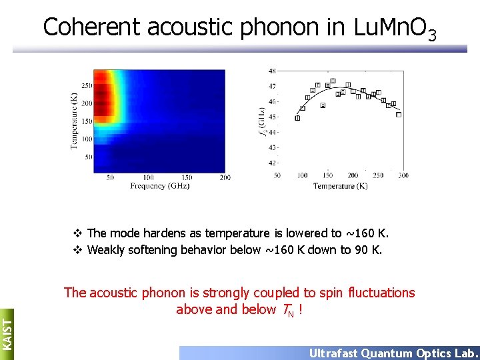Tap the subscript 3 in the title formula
[432, 34]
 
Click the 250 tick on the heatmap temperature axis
[87, 86]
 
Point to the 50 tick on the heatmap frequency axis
[110, 177]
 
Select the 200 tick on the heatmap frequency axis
[225, 177]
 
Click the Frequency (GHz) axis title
[160, 186]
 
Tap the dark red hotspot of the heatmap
[103, 97]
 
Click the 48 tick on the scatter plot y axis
[272, 71]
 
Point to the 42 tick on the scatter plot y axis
[272, 163]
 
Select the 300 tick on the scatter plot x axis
[403, 175]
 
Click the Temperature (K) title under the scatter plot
[340, 186]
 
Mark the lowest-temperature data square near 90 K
[297, 118]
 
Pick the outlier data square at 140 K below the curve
[323, 105]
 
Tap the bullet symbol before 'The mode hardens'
[77, 233]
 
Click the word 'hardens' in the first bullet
[158, 233]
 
